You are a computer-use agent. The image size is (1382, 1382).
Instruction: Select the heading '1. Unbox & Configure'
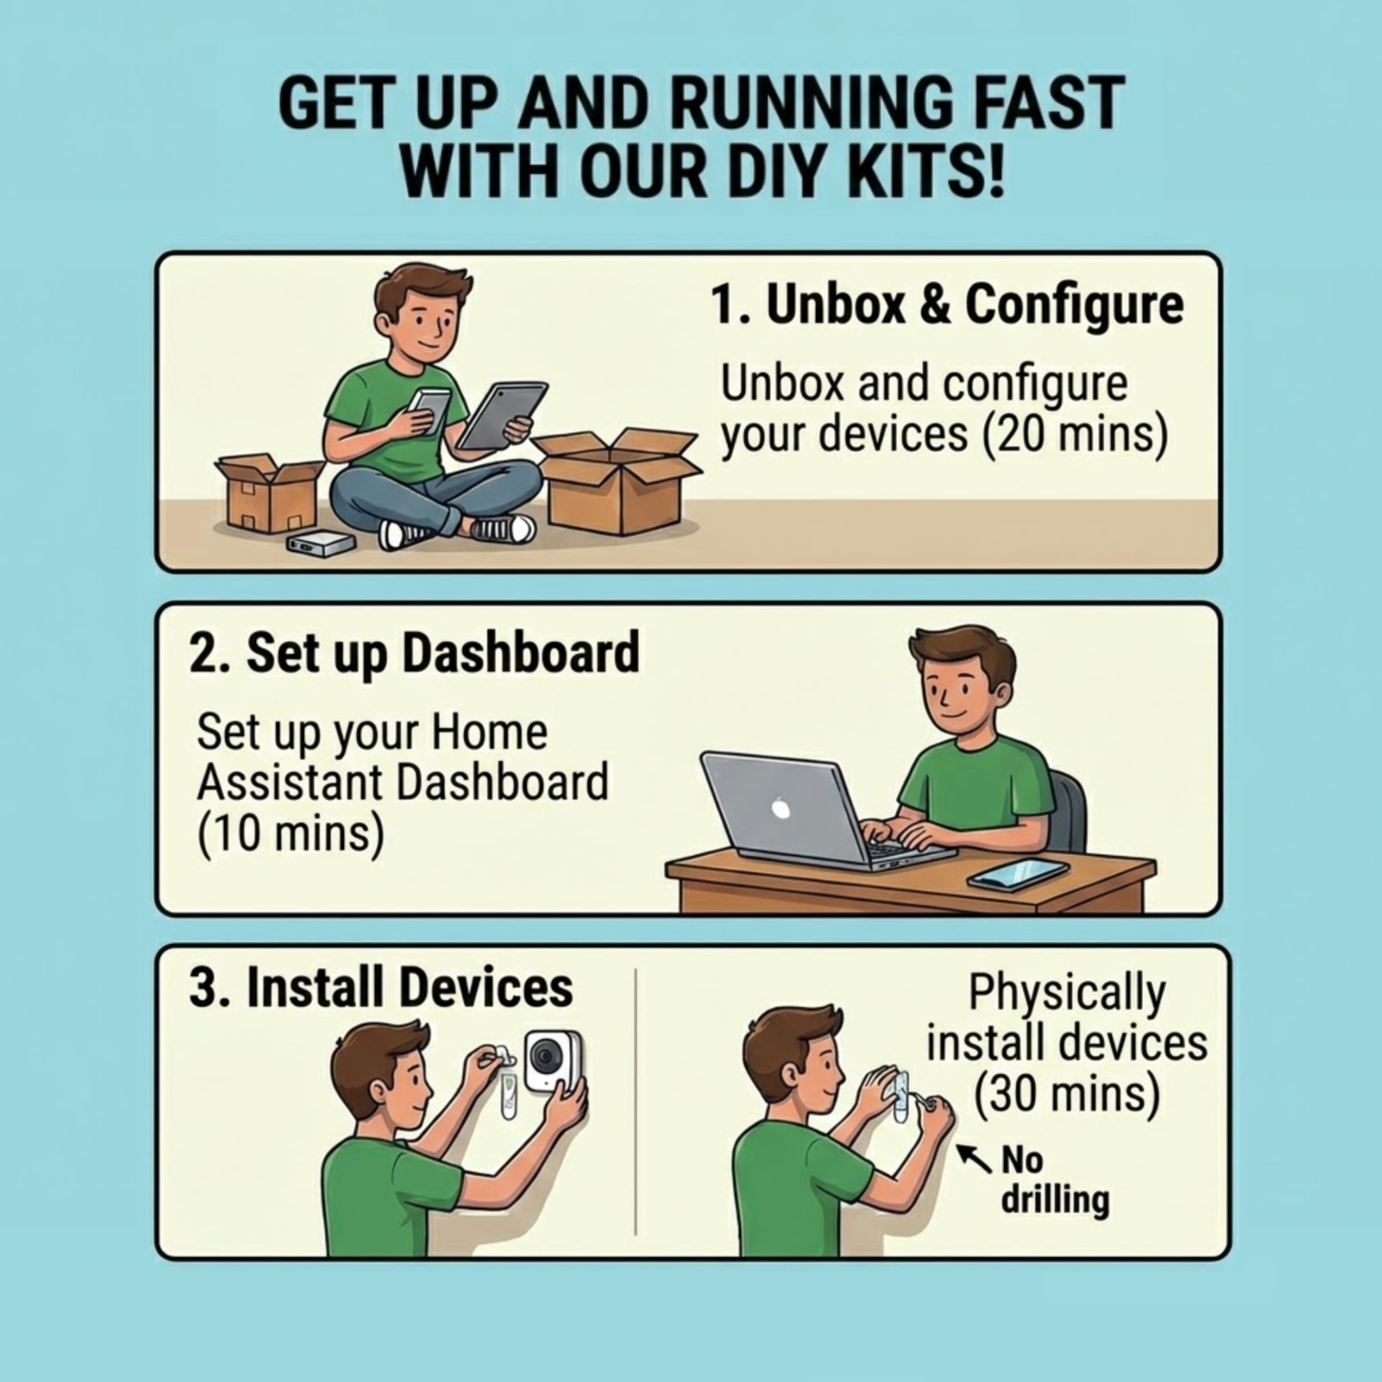tap(946, 305)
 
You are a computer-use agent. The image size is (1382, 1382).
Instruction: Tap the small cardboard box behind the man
tap(269, 493)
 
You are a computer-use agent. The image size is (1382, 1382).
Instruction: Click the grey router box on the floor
tap(320, 543)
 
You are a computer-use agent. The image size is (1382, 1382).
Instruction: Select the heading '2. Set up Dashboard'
tap(414, 652)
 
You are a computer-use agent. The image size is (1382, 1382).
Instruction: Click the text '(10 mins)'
tap(290, 833)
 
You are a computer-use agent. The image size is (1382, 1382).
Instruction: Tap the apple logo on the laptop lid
tap(781, 808)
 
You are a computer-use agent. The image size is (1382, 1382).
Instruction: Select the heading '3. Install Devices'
tap(381, 987)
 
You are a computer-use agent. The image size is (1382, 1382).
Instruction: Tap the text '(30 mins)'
tap(1066, 1094)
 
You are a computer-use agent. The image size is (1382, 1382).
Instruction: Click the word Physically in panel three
tap(1066, 993)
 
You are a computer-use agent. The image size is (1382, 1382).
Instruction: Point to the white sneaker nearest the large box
tap(503, 529)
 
